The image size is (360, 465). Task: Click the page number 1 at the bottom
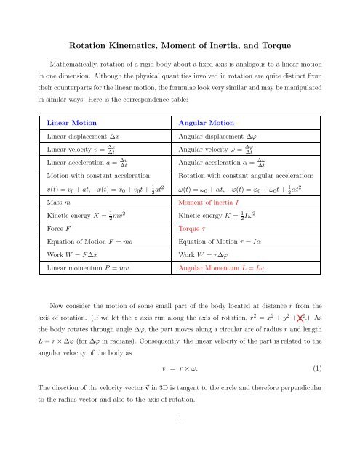click(180, 438)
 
